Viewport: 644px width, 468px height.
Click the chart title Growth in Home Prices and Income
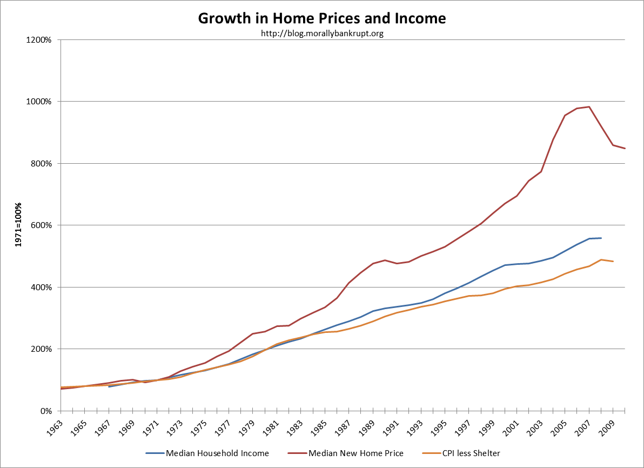pos(322,18)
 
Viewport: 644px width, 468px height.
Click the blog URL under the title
pos(322,34)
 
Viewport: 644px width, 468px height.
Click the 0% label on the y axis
pos(46,411)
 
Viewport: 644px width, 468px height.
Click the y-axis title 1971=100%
pos(18,225)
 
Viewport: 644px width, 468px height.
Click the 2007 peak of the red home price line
pos(589,106)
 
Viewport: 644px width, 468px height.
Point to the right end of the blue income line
pos(601,238)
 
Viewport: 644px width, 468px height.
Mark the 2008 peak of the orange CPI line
pos(601,259)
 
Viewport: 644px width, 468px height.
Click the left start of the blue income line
pos(109,386)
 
